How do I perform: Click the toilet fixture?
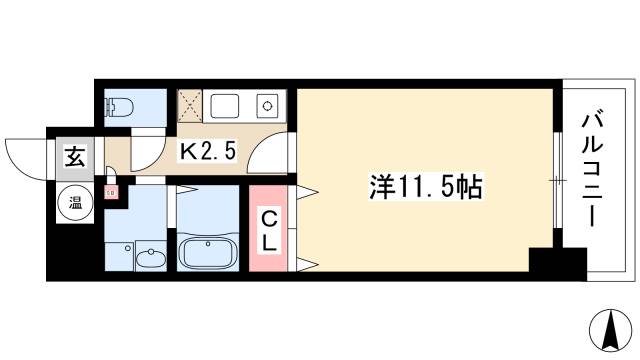121,106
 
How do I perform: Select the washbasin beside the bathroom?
150,258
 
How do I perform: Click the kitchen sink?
225,103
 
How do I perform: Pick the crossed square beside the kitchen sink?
191,103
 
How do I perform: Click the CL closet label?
270,229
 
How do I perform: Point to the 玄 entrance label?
74,156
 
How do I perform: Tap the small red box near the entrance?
112,189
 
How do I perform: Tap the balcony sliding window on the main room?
556,181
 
